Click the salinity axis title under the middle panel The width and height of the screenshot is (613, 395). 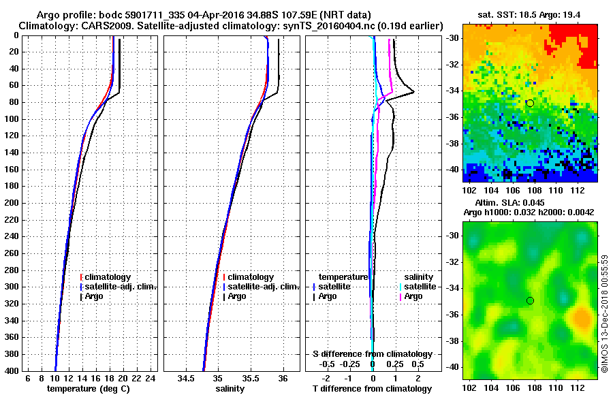coord(230,388)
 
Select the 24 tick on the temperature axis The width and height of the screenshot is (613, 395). coord(151,378)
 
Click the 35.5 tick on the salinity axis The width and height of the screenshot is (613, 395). coord(251,378)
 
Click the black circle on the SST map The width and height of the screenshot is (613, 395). coord(530,103)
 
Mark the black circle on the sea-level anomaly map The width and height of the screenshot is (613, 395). coord(530,300)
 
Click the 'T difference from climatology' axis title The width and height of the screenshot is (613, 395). coord(372,388)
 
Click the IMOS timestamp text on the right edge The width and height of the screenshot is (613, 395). coord(605,313)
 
